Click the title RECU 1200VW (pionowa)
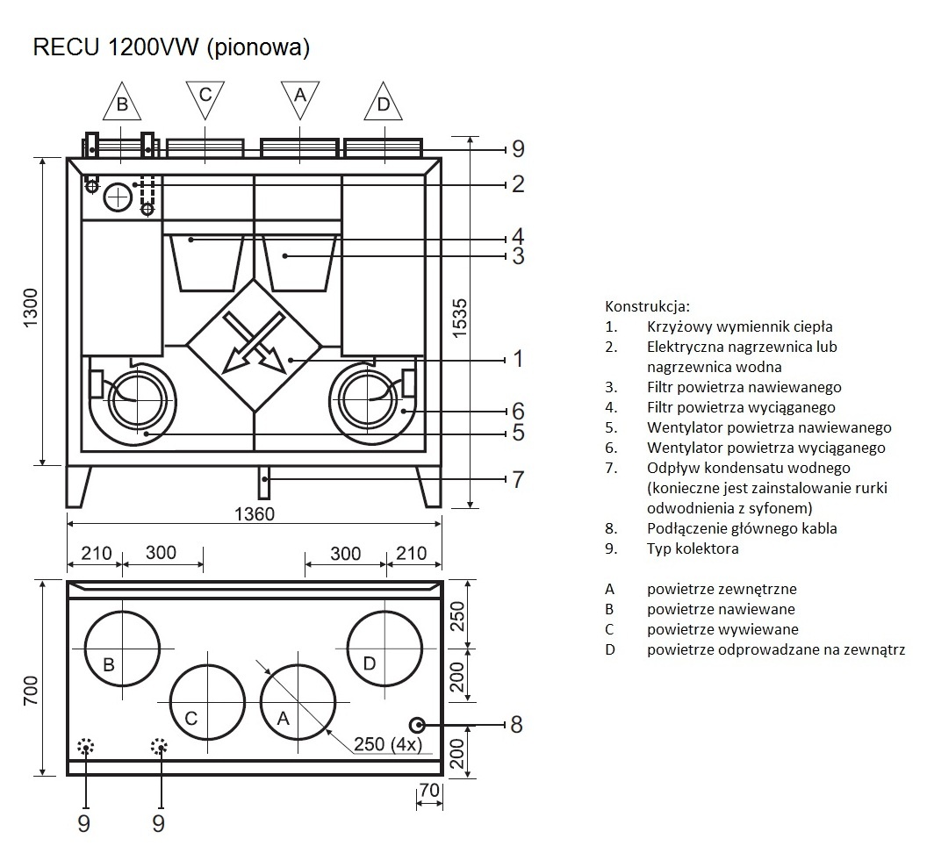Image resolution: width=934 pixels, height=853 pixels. pos(171,49)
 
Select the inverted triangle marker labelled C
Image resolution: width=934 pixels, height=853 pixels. pos(205,95)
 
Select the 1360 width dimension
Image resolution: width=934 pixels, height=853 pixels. pos(255,513)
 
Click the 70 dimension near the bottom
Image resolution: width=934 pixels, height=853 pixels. pos(428,790)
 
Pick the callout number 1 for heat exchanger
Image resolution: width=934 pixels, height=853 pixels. pos(518,359)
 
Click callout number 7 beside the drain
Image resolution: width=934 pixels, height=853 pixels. pos(518,479)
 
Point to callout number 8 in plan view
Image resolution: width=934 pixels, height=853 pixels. pos(516,725)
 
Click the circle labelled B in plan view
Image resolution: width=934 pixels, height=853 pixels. pos(122,649)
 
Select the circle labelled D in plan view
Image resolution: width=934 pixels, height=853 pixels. pos(384,649)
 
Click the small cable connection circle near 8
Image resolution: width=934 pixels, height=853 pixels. pos(417,725)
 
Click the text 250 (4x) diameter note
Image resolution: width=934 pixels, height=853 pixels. pos(388,744)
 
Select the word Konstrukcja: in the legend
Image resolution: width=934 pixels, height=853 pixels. pos(648,306)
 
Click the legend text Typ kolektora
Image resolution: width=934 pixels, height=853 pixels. pos(693,548)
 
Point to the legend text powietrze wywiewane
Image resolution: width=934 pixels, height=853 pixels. pos(722,629)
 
